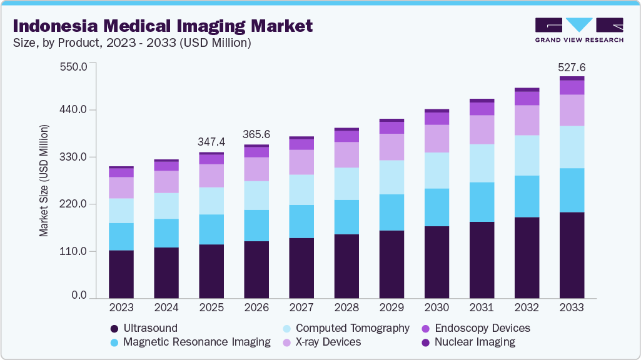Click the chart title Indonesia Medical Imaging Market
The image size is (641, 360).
coord(163,26)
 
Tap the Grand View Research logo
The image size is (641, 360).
coord(578,30)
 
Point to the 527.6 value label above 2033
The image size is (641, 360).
coord(572,67)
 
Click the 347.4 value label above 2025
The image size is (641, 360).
coord(211,142)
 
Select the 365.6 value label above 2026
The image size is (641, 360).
coord(256,134)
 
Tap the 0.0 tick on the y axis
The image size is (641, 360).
coord(78,295)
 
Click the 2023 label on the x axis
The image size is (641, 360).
coord(121,307)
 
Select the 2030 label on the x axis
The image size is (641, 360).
coord(437,307)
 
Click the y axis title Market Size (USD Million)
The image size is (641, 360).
coord(44,181)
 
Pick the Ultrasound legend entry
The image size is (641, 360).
coord(150,328)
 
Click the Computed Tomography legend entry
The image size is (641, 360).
coord(352,328)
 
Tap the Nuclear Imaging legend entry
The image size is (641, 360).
coord(475,342)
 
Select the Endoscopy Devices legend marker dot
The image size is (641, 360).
coord(426,328)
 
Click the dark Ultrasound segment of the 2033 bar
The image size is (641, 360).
coord(572,255)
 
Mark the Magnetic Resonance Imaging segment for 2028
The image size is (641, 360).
coord(346,217)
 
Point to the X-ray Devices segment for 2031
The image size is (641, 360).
coord(482,129)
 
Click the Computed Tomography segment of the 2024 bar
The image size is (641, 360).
coord(166,206)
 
